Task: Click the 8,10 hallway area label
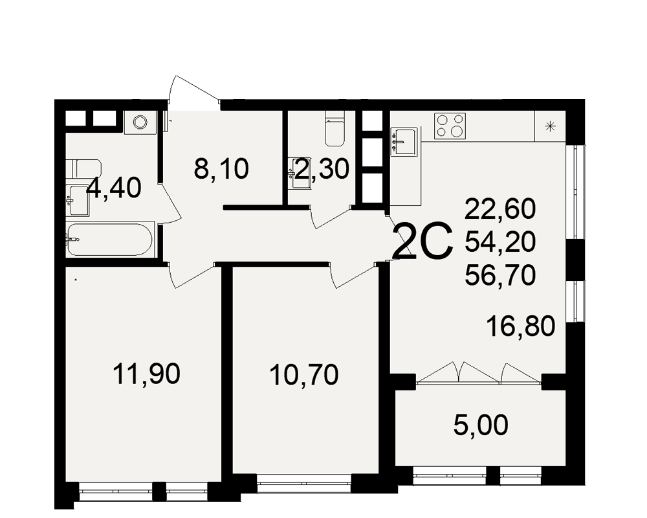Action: pyautogui.click(x=221, y=169)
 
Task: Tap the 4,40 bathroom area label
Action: pyautogui.click(x=114, y=188)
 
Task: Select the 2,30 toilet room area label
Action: pyautogui.click(x=322, y=169)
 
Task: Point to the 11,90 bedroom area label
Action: pyautogui.click(x=146, y=374)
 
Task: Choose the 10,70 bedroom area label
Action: pyautogui.click(x=304, y=375)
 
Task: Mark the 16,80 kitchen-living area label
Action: pyautogui.click(x=521, y=326)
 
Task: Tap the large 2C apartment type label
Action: pyautogui.click(x=422, y=241)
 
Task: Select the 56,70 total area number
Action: pyautogui.click(x=500, y=275)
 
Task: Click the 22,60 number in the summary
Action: pyautogui.click(x=500, y=208)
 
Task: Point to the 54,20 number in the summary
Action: pyautogui.click(x=500, y=242)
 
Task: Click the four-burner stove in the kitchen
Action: pyautogui.click(x=450, y=126)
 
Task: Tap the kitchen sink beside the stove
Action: pyautogui.click(x=404, y=141)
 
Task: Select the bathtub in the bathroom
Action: pyautogui.click(x=109, y=240)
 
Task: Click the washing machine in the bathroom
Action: pyautogui.click(x=140, y=122)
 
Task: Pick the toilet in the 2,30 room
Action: pyautogui.click(x=334, y=128)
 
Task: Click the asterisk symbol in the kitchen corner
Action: pyautogui.click(x=550, y=126)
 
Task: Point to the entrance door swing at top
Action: pyautogui.click(x=193, y=89)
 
